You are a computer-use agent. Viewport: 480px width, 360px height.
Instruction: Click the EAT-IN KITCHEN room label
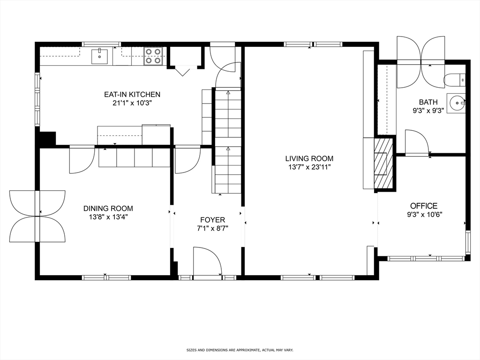coord(132,94)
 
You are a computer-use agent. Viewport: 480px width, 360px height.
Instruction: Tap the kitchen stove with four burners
coord(153,56)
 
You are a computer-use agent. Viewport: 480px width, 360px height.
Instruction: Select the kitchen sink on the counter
coord(99,56)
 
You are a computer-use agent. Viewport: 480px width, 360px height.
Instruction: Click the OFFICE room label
coord(424,206)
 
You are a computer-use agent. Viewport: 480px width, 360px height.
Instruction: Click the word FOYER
coord(212,219)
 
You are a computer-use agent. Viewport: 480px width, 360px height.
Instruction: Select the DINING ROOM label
coord(108,209)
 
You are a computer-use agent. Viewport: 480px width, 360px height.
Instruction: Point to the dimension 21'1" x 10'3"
coord(132,103)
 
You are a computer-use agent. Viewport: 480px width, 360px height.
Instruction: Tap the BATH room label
coord(428,102)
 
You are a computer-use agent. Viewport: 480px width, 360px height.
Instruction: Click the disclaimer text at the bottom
coord(240,350)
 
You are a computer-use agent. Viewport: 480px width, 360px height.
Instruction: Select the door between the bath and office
coord(416,143)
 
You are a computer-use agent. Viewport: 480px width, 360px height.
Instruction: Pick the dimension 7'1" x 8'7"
coord(212,228)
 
